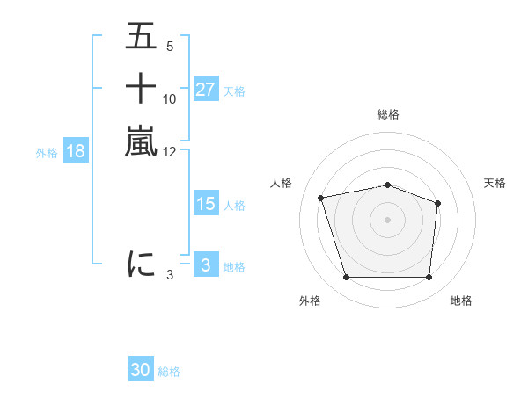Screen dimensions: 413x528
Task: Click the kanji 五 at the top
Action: (141, 37)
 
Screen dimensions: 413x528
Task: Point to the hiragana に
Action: (141, 264)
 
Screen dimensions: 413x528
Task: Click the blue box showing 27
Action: (205, 90)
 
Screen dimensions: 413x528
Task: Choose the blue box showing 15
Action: (205, 204)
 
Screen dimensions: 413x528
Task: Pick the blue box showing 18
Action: (76, 151)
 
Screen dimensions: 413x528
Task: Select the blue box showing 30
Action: (141, 370)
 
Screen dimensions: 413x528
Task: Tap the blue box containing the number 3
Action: (205, 265)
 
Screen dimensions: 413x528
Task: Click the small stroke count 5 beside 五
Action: (169, 47)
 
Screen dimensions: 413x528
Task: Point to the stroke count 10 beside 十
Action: (170, 98)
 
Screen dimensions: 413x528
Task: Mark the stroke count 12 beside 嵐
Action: (170, 151)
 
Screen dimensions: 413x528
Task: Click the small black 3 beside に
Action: (170, 275)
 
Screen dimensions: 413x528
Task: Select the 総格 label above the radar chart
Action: (388, 114)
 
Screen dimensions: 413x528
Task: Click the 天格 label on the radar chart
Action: (495, 183)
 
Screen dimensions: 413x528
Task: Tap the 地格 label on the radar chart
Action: (461, 301)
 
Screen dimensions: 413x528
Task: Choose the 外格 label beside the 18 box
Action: (47, 152)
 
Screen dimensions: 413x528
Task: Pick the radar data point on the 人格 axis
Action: (321, 198)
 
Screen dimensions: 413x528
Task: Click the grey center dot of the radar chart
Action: (388, 219)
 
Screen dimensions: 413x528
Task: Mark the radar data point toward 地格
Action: (429, 278)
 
